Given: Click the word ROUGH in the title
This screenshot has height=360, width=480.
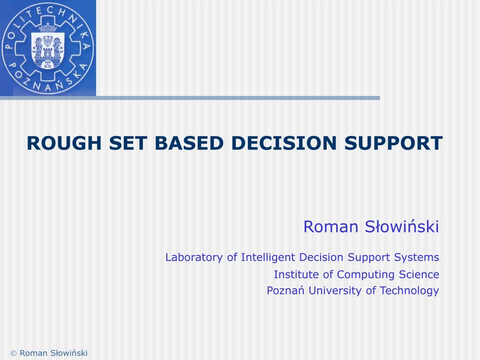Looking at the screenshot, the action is point(64,143).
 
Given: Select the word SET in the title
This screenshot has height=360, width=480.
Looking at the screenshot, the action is point(128,143).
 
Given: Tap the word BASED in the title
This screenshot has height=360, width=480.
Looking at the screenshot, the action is point(189,143).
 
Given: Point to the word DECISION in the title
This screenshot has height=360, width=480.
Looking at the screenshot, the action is point(284,143).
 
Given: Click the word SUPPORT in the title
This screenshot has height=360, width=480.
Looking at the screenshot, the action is point(393,143).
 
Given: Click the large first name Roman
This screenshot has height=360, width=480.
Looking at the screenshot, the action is point(330,227).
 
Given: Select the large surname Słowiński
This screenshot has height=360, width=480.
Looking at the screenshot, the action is point(402,226).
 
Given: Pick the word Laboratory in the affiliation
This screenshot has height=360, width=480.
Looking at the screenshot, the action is point(194,257).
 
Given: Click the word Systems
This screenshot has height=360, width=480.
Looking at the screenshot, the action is point(416,257).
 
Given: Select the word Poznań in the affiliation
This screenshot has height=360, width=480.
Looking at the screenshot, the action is point(285,290).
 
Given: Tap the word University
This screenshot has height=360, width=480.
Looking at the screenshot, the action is point(335,290).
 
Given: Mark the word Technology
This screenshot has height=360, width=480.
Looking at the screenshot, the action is point(409,291).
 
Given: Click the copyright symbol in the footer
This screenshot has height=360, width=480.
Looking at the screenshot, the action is point(14,353).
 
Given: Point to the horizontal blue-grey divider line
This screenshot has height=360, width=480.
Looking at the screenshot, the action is point(190,98).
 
